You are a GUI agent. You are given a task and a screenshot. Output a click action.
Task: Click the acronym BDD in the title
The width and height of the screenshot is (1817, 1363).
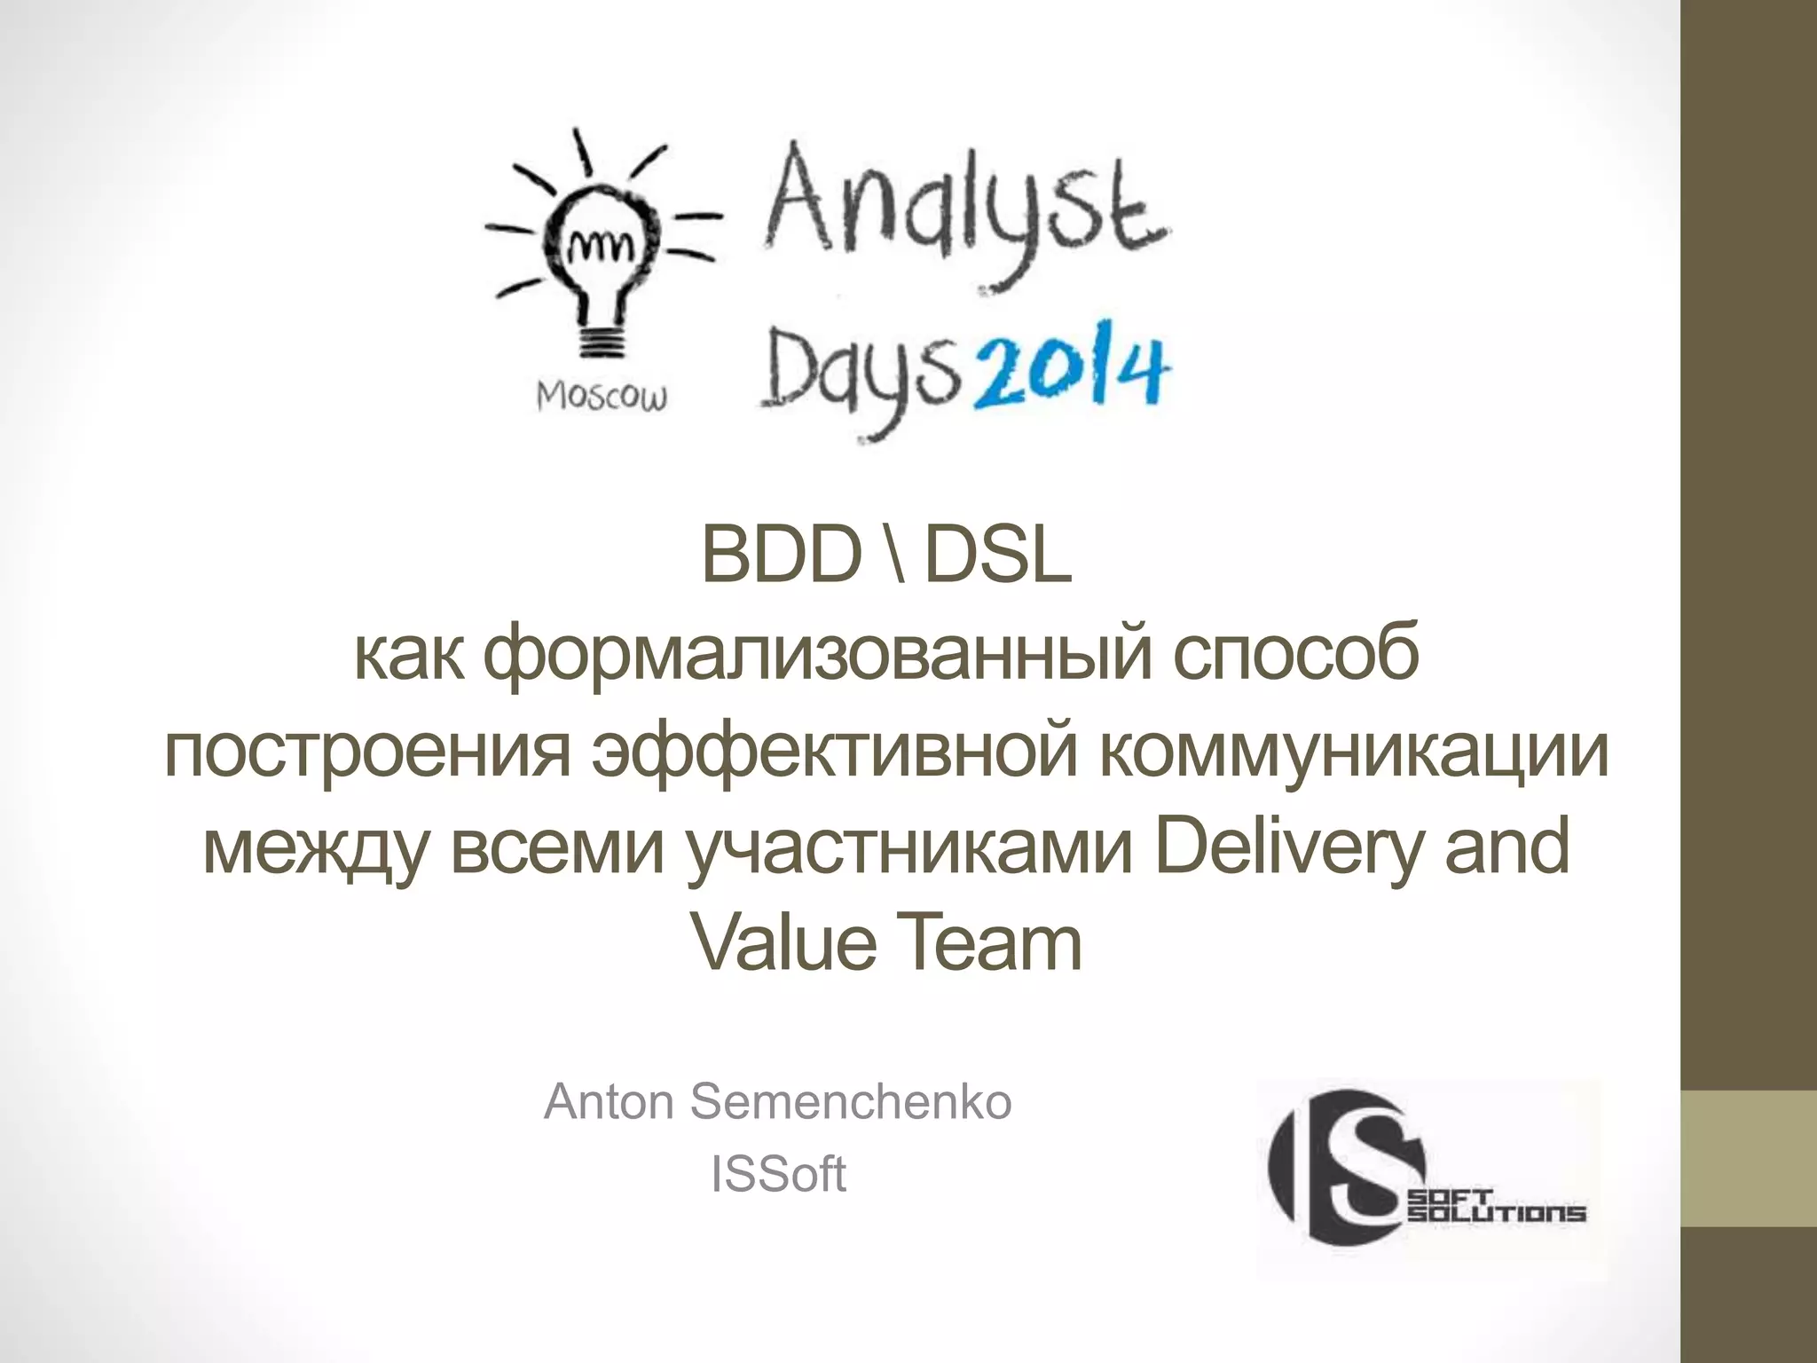[781, 557]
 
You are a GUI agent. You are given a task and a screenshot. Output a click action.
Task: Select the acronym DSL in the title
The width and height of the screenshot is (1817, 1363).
[997, 557]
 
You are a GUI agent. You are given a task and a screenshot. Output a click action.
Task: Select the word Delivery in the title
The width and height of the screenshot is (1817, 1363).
[1290, 847]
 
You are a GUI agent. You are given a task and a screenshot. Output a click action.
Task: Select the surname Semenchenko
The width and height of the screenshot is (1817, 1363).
[850, 1102]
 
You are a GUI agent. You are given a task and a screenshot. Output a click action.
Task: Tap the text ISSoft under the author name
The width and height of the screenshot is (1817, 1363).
[778, 1174]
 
